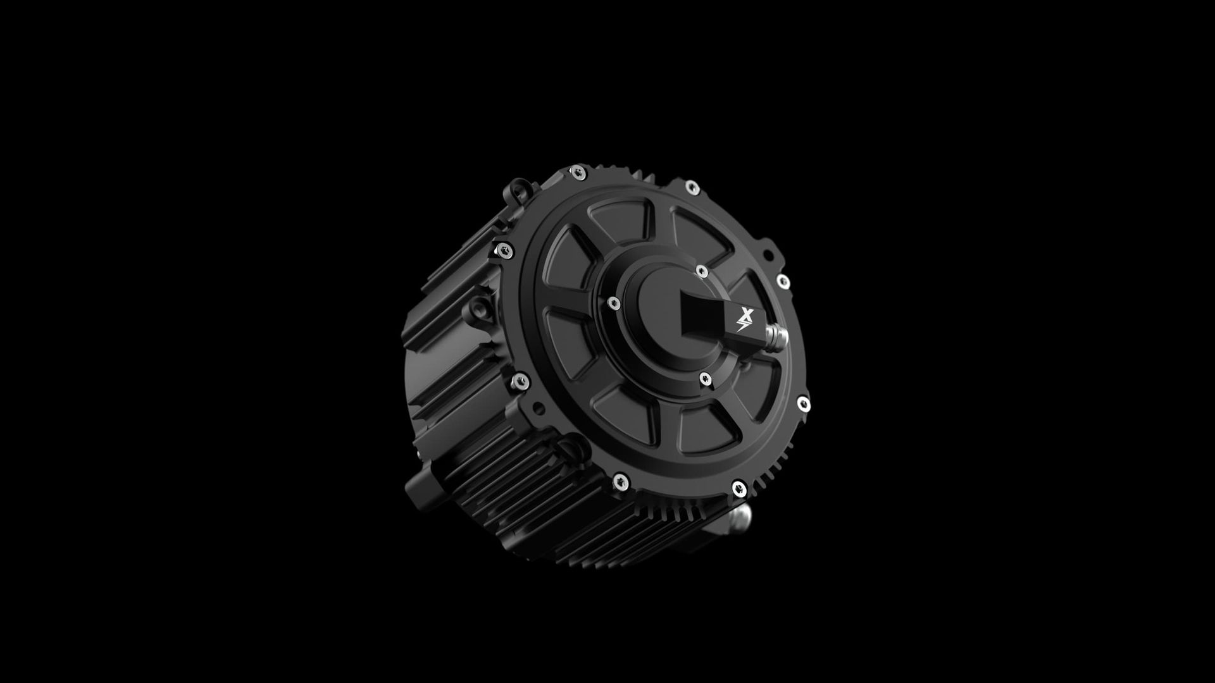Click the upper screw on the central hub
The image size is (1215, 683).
pyautogui.click(x=701, y=271)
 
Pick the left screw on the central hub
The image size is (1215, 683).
pyautogui.click(x=613, y=304)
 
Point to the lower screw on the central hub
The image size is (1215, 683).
pyautogui.click(x=705, y=379)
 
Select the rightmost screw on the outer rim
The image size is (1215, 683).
pyautogui.click(x=802, y=403)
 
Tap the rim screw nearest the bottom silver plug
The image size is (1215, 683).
pyautogui.click(x=738, y=487)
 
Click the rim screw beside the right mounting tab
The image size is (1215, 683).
pyautogui.click(x=783, y=281)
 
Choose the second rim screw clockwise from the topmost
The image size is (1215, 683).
pyautogui.click(x=692, y=187)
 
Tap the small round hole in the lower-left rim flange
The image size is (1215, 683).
pyautogui.click(x=539, y=407)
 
